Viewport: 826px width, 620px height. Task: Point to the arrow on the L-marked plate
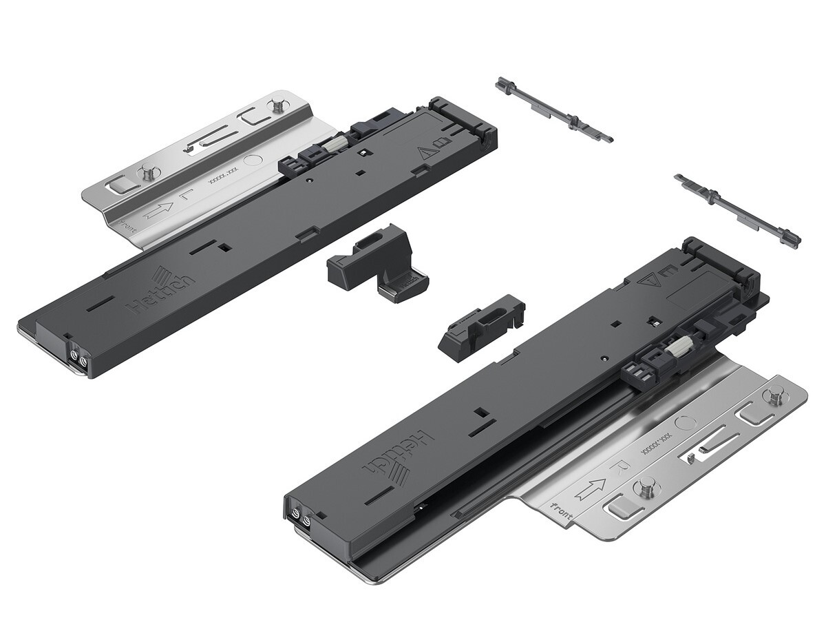(158, 209)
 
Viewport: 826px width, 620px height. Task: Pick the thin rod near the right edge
(738, 211)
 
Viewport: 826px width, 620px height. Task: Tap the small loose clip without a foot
(480, 327)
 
